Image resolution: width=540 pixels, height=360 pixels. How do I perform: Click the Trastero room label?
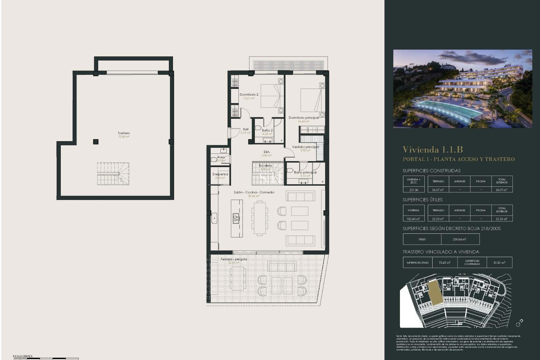click(x=124, y=133)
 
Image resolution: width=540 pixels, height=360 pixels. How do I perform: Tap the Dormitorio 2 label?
click(x=249, y=95)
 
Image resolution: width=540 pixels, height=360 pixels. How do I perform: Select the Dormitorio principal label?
click(x=303, y=118)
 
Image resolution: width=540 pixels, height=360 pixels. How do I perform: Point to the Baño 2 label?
click(x=267, y=130)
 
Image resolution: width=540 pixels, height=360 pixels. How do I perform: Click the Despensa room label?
click(x=220, y=174)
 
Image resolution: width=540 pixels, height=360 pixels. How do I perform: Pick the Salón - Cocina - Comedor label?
click(x=254, y=192)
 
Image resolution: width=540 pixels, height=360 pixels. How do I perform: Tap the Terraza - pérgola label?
click(x=234, y=259)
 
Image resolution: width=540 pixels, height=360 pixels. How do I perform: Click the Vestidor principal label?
click(x=305, y=147)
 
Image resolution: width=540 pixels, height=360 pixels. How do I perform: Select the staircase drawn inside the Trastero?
click(x=113, y=174)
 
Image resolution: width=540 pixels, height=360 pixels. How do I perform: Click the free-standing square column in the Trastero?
click(x=96, y=141)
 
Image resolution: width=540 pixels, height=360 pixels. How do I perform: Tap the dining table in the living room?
click(x=260, y=218)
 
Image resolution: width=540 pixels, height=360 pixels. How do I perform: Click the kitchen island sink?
click(x=236, y=218)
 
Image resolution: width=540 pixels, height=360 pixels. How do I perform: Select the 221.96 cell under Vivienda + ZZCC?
click(x=413, y=190)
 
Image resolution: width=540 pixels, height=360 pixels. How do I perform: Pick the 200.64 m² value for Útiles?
click(x=459, y=239)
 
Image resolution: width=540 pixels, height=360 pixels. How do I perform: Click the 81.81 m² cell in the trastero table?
click(x=499, y=263)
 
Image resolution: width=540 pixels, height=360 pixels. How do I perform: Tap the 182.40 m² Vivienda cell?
click(x=413, y=219)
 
